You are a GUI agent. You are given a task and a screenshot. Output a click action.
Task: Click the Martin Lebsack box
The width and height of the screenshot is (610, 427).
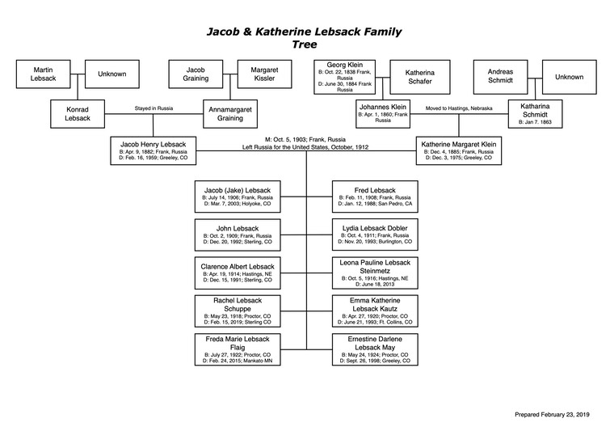point(42,74)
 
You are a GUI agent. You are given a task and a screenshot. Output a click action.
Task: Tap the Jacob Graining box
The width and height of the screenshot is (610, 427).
point(196,74)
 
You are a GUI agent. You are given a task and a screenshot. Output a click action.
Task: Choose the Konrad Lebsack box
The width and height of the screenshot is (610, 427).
point(78,114)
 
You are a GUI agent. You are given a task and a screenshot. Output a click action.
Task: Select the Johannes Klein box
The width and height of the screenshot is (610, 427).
point(385,114)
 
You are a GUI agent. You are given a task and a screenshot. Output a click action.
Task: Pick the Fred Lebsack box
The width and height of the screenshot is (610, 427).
point(376,196)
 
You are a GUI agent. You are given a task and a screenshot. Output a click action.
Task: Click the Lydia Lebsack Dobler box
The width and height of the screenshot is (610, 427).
point(376,234)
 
